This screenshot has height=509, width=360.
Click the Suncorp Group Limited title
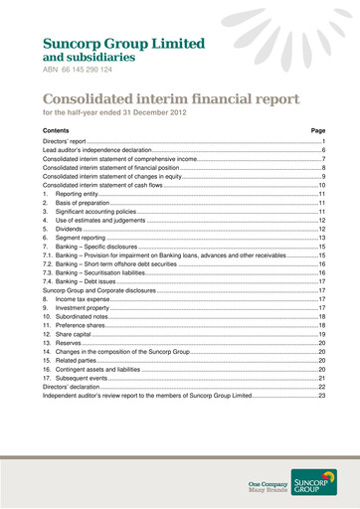(x=123, y=45)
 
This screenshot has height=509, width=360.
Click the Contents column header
(x=57, y=131)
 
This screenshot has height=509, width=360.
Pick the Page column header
(x=318, y=131)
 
